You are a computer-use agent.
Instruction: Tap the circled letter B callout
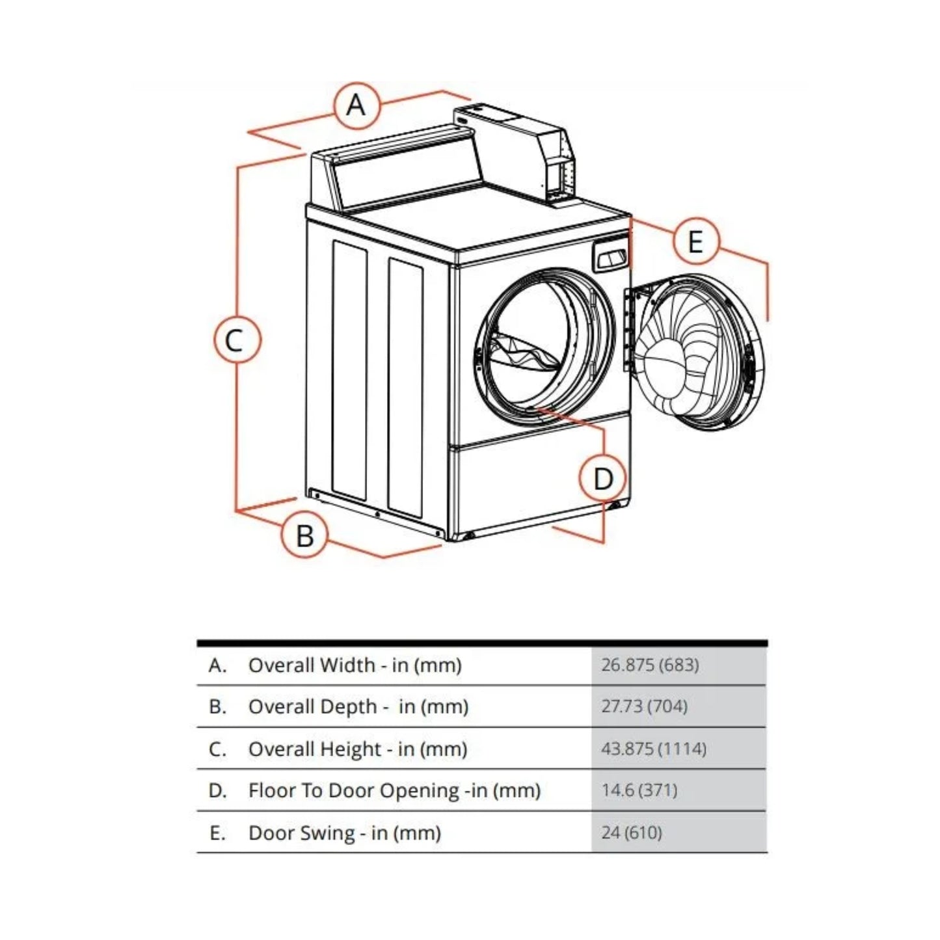pos(304,535)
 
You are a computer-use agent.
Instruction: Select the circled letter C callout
pos(237,340)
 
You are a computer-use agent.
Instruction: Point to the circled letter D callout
pos(603,479)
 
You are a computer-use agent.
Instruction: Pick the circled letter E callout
pos(695,241)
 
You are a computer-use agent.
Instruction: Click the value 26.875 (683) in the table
pos(650,665)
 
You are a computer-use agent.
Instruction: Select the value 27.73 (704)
pos(644,706)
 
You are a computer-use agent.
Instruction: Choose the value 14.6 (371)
pos(639,790)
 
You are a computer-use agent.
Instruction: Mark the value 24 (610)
pos(631,833)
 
